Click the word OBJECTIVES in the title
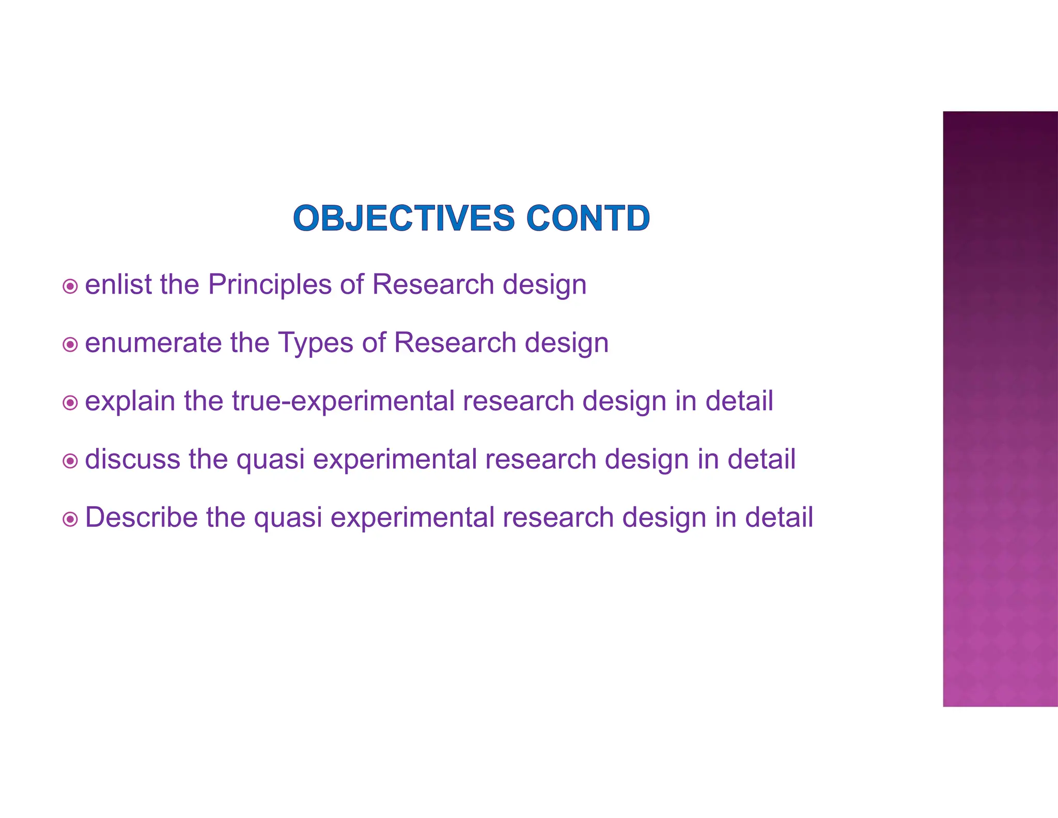(x=403, y=218)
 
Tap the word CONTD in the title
(x=587, y=218)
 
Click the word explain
(x=130, y=401)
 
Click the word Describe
(x=141, y=517)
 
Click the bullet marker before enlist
(x=70, y=286)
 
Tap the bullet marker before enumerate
(x=70, y=344)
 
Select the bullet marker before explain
(x=70, y=402)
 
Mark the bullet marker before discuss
(x=70, y=461)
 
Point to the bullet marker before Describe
(x=70, y=519)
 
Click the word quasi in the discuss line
(x=270, y=460)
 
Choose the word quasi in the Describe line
(x=288, y=518)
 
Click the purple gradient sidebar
(x=1000, y=408)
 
